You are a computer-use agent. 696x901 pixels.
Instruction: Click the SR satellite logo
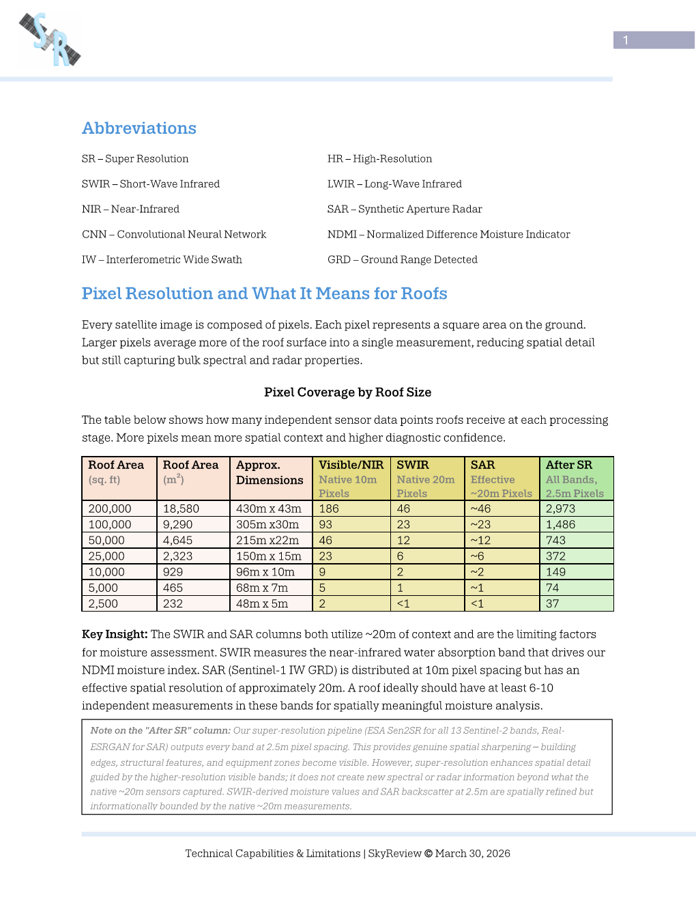coord(50,40)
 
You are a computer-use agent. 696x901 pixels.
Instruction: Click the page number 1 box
coord(653,40)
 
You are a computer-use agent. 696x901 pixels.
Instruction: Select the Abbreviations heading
coord(139,128)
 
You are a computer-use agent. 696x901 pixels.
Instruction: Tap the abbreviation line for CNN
coord(174,234)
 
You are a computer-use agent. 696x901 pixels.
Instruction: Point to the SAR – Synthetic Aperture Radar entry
coord(405,209)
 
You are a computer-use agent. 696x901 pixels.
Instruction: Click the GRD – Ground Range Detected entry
coord(403,259)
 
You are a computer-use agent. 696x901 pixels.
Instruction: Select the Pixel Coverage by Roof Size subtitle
coord(347,392)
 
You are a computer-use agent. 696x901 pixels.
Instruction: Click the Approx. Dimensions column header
coord(270,472)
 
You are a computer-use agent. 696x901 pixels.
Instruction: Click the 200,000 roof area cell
coord(110,509)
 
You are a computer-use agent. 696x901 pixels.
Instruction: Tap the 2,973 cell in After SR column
coord(561,509)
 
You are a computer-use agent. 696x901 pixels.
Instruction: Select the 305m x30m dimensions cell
coord(267,524)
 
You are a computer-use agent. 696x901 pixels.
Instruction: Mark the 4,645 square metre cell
coord(177,540)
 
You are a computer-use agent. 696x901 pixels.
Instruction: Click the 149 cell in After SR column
coord(556,572)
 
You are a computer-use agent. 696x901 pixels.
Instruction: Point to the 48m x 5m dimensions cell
coord(262,603)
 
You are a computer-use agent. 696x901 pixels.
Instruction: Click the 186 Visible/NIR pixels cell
coord(329,509)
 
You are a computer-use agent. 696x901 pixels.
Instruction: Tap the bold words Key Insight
coord(115,634)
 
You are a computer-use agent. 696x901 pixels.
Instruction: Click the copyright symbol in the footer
coord(429,853)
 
